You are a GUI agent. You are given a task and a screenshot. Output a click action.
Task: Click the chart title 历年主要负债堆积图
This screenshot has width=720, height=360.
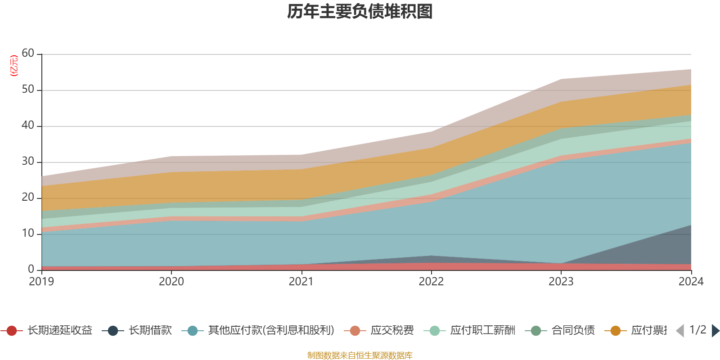coord(360,12)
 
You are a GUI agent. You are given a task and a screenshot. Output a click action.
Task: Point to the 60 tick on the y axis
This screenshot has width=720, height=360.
coord(28,54)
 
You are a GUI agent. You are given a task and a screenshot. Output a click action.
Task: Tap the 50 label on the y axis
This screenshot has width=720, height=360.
coord(28,90)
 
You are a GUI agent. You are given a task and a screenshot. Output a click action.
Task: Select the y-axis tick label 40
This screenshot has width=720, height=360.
coord(28,126)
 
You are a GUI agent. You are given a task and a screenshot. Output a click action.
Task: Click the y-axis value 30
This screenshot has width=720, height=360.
coord(28,162)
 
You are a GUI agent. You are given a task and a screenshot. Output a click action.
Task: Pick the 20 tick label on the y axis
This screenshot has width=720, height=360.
coord(28,198)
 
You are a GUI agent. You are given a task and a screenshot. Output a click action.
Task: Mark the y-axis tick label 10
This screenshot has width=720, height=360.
coord(28,234)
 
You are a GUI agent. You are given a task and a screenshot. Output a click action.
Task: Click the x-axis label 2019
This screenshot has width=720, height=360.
coord(41,282)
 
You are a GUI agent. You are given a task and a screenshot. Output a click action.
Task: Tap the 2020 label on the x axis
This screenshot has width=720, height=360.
coord(171,282)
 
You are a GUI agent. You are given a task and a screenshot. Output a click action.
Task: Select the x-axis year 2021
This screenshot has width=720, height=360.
coord(301,282)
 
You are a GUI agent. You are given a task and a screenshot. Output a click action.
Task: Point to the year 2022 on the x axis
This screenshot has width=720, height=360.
coord(431,282)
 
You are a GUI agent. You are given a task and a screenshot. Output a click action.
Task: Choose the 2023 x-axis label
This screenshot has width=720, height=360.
coord(561,282)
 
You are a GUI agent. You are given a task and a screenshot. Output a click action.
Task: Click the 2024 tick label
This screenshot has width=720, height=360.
coord(691,282)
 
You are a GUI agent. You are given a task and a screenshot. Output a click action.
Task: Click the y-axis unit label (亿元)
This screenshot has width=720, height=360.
coord(14,66)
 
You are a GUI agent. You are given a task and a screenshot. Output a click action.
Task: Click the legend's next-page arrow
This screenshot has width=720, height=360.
coord(715,331)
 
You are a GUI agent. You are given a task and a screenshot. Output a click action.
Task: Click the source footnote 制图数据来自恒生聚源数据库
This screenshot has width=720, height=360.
coord(360,355)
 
